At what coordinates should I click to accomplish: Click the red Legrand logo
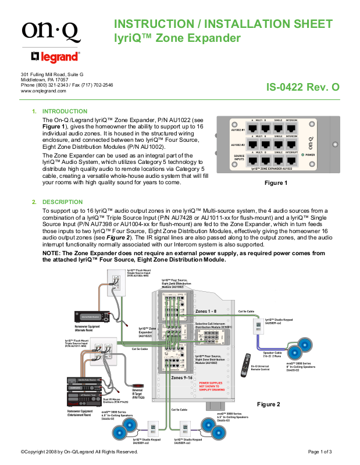(x=56, y=56)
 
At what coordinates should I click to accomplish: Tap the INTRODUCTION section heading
(x=65, y=111)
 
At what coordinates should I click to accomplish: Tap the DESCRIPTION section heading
(x=63, y=202)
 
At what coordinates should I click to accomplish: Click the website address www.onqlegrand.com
(x=43, y=91)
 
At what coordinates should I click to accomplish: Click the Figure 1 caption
(x=276, y=183)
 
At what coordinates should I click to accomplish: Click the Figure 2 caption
(x=269, y=403)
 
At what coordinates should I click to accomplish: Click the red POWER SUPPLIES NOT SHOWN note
(x=212, y=385)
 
